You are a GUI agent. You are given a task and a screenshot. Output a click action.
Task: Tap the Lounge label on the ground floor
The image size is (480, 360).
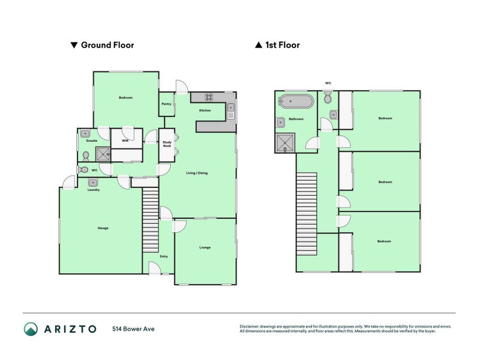205,248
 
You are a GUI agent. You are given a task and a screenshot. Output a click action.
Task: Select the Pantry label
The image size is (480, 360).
166,104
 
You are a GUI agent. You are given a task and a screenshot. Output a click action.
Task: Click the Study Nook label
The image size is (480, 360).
167,144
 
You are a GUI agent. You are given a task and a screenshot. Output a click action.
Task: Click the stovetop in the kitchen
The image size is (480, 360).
209,97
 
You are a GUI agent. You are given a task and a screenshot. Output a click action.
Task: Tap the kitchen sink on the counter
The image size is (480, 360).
231,110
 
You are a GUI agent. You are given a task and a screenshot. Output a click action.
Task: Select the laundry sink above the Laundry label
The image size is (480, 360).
92,182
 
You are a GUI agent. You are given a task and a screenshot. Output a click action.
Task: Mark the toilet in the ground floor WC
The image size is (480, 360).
86,156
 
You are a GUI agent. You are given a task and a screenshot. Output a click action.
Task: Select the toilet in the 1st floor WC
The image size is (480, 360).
328,98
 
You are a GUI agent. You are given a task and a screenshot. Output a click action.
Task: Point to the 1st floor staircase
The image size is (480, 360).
307,213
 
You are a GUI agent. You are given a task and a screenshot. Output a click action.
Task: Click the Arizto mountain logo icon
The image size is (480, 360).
31,329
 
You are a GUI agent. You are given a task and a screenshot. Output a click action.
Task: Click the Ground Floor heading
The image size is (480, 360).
107,45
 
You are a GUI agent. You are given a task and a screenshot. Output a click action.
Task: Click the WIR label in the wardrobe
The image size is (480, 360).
125,141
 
